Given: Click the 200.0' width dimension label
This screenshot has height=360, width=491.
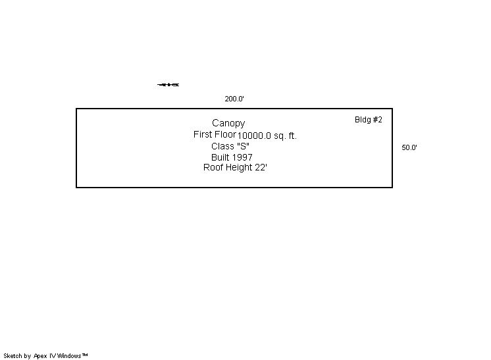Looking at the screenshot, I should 234,99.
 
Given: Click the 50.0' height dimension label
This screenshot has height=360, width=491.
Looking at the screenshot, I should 409,147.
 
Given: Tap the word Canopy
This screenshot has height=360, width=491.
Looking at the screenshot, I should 228,123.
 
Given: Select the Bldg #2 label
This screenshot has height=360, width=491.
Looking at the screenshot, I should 369,120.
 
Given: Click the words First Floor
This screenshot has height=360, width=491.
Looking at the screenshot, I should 215,134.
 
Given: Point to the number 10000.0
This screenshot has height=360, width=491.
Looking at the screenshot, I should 254,136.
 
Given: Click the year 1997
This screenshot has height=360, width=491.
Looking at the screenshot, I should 242,157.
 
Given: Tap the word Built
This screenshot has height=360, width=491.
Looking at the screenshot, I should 220,157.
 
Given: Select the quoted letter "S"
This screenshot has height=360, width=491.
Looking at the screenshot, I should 243,146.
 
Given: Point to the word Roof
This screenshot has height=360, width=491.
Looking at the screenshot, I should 214,168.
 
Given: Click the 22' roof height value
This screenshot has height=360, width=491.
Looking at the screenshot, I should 261,168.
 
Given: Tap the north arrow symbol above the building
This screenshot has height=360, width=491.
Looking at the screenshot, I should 168,84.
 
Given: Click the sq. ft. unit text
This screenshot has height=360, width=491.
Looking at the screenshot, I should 286,136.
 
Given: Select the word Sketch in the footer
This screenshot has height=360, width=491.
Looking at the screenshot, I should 13,356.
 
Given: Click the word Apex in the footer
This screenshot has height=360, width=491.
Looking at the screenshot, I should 41,356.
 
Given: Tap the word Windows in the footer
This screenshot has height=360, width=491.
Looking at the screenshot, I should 69,356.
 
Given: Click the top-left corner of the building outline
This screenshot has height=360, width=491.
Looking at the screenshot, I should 76,109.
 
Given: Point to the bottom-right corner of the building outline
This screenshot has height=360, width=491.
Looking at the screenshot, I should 392,188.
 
